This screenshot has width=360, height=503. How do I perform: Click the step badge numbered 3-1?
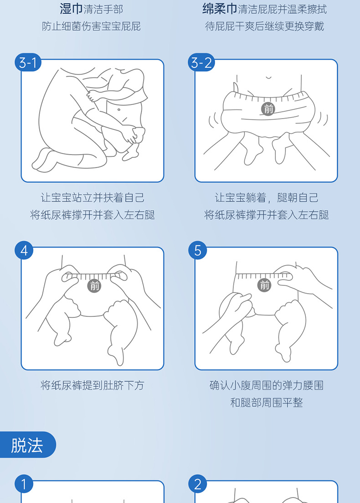[x=28, y=62]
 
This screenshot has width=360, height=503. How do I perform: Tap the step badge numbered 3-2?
[x=201, y=62]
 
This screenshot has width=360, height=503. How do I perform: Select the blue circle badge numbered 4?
[x=24, y=250]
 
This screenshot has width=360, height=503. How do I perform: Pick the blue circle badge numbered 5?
[x=197, y=250]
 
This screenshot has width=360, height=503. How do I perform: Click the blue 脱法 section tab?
[x=27, y=445]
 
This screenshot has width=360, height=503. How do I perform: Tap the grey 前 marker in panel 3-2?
[x=268, y=109]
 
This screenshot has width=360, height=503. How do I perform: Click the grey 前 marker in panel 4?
[x=94, y=286]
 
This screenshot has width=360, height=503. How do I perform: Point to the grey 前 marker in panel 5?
[x=264, y=285]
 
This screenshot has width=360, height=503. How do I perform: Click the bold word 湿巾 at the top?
[x=71, y=9]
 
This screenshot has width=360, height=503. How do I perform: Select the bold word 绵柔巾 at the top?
[x=220, y=9]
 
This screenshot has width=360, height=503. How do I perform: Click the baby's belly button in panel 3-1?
[x=118, y=110]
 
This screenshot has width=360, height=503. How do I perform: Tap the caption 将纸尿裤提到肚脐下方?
[x=93, y=385]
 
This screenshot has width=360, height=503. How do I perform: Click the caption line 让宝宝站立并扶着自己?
[x=93, y=197]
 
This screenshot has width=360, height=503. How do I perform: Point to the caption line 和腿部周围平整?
[x=267, y=402]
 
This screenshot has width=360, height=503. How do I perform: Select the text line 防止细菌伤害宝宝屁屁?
[x=91, y=26]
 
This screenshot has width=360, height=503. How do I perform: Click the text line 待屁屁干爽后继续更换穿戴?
[x=264, y=26]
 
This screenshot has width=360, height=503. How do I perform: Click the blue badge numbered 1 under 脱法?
[x=24, y=484]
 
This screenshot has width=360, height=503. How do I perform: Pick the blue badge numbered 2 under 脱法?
[x=197, y=484]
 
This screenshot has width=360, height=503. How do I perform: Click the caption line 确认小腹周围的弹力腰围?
[x=267, y=385]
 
